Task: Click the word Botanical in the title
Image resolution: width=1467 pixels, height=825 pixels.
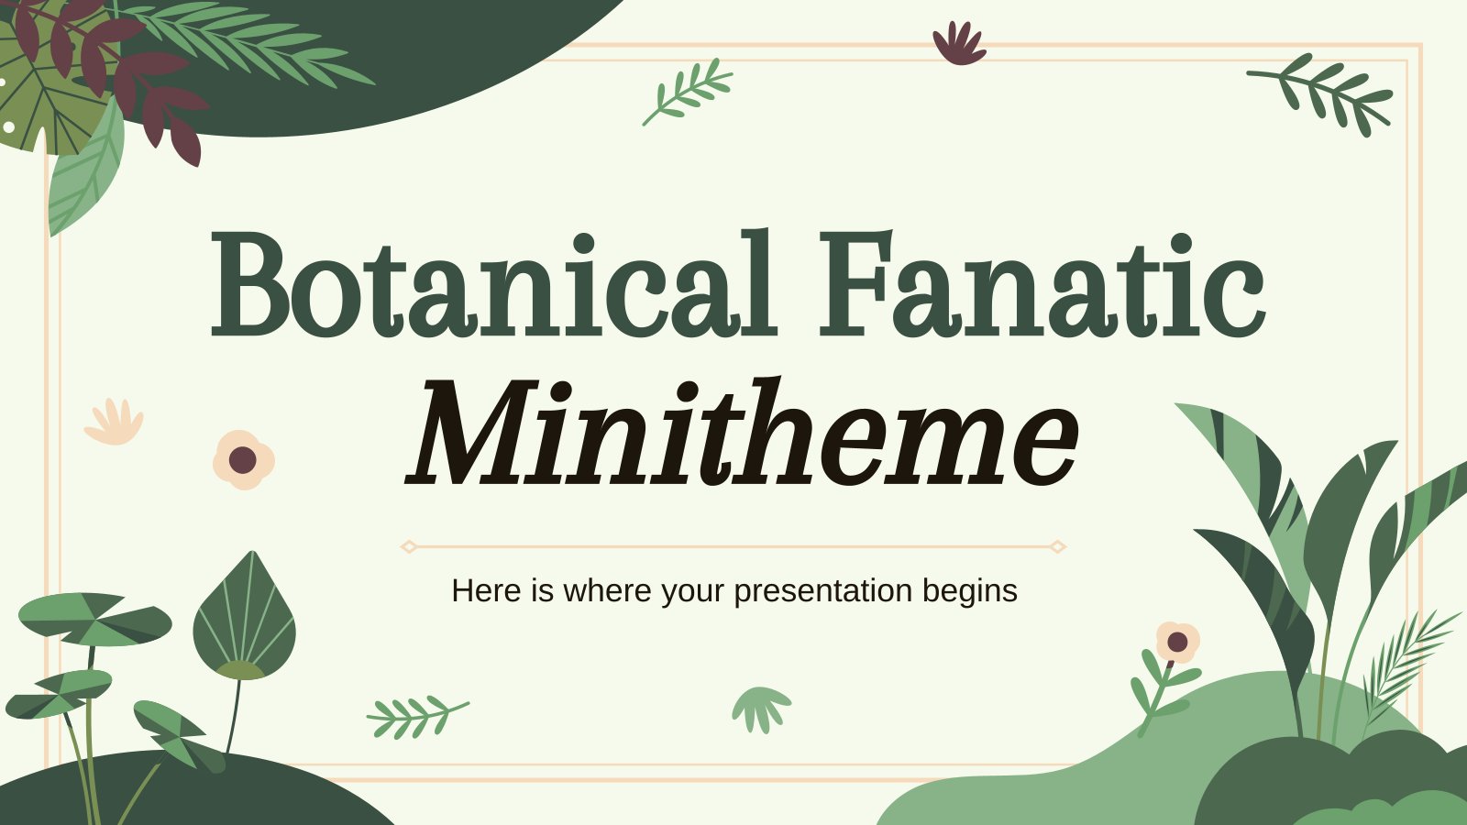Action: pyautogui.click(x=494, y=283)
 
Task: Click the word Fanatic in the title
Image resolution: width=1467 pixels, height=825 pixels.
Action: pyautogui.click(x=1042, y=283)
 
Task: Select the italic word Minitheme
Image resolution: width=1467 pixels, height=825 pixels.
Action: pyautogui.click(x=742, y=432)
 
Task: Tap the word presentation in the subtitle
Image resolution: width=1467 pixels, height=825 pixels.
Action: pyautogui.click(x=823, y=591)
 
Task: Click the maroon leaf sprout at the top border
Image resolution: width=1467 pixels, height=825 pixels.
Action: pyautogui.click(x=959, y=43)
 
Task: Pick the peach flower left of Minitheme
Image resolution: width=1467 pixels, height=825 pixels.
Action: pyautogui.click(x=244, y=459)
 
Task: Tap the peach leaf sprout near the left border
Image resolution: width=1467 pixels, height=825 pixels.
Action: pyautogui.click(x=114, y=422)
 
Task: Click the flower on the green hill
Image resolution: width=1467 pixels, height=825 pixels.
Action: pyautogui.click(x=1177, y=642)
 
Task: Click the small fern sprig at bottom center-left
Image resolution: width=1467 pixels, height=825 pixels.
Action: pyautogui.click(x=417, y=717)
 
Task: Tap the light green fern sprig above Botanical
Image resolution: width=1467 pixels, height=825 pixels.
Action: pyautogui.click(x=687, y=92)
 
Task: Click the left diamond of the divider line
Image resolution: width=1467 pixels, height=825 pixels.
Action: pyautogui.click(x=409, y=546)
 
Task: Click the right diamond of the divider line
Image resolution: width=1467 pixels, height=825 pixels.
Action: pyautogui.click(x=1058, y=546)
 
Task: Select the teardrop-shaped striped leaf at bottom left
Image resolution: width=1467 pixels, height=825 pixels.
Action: pyautogui.click(x=244, y=615)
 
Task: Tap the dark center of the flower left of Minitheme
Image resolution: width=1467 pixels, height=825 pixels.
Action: pyautogui.click(x=242, y=459)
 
